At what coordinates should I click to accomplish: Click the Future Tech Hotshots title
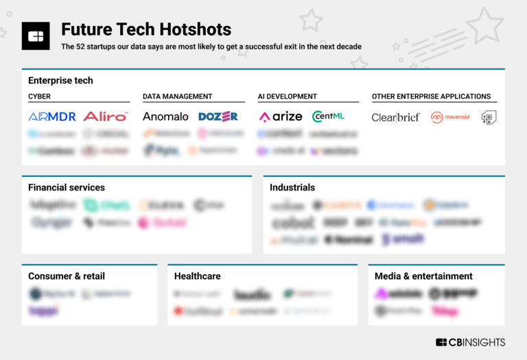145,29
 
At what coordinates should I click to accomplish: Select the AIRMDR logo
52,117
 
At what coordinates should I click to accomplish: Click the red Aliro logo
105,117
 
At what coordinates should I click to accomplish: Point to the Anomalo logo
165,117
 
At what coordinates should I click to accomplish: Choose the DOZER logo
218,117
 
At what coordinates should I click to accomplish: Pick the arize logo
280,117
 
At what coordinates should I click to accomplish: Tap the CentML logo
332,117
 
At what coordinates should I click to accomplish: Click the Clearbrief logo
395,117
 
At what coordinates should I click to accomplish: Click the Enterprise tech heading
60,80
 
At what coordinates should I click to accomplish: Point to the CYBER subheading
39,97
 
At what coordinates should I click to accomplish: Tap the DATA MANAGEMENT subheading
177,97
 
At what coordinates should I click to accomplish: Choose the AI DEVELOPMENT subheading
287,97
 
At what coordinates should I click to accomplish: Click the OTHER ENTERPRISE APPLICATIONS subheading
431,97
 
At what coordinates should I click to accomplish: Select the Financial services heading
67,187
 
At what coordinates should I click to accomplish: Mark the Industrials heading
292,187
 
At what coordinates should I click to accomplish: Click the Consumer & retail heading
67,276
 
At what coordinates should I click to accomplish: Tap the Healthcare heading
198,276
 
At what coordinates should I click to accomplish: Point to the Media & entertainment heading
423,276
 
